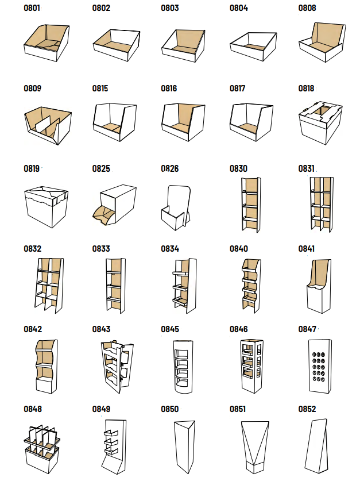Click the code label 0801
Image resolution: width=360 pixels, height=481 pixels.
click(32, 8)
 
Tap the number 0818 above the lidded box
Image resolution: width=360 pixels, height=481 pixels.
click(307, 88)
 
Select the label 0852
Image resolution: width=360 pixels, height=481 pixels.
click(307, 409)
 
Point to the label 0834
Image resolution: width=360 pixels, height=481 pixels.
click(170, 248)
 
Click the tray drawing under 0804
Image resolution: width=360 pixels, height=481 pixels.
click(253, 47)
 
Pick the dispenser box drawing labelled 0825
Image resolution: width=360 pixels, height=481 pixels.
click(115, 205)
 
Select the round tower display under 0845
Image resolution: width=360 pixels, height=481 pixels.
click(184, 366)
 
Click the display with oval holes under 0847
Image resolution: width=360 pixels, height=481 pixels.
click(320, 366)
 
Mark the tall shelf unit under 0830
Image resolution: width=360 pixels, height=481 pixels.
click(251, 205)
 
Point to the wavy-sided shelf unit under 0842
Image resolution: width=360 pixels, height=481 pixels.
click(47, 366)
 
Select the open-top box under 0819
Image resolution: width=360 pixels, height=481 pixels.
click(46, 206)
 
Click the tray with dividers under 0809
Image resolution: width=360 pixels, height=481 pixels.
click(48, 125)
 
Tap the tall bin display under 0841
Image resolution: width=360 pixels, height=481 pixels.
click(319, 286)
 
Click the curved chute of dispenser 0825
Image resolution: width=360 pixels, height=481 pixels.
click(103, 214)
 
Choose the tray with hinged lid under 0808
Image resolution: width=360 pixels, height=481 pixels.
click(322, 42)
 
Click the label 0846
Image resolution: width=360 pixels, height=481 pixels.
click(239, 329)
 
